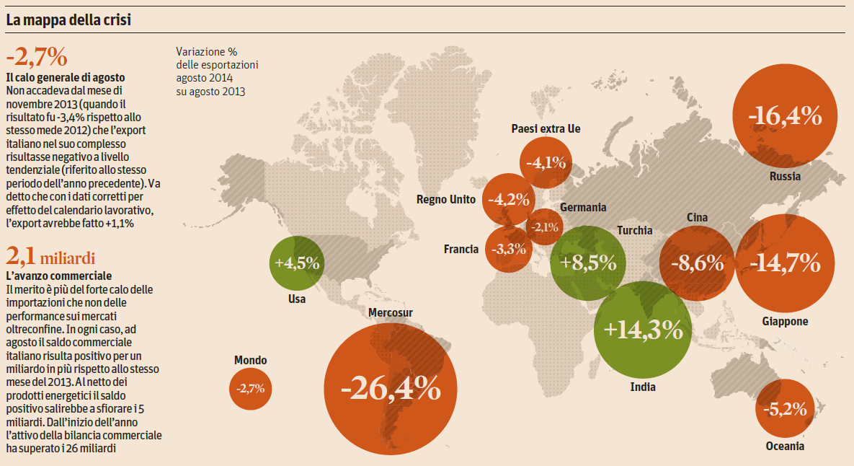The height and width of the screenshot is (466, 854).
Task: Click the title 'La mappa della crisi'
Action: click(68, 20)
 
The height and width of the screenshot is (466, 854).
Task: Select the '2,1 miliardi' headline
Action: click(50, 256)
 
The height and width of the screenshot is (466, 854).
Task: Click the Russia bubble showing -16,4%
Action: click(784, 115)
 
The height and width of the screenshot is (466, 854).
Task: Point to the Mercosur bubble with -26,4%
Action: click(391, 390)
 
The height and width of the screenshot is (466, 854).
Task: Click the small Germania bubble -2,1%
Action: click(545, 228)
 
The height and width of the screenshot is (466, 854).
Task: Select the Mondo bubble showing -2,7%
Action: click(250, 389)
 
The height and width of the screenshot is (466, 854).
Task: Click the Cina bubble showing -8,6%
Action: click(697, 263)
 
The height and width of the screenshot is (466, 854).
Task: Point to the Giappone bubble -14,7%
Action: click(785, 263)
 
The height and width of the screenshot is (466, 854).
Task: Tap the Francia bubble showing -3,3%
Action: click(508, 250)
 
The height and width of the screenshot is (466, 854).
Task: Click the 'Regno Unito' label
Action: click(446, 200)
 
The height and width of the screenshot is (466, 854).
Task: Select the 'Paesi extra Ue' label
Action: click(546, 128)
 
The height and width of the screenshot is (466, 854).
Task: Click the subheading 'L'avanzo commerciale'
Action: click(59, 276)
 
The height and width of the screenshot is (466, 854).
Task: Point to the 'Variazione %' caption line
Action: click(206, 52)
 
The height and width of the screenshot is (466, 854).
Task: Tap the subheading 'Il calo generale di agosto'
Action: click(66, 77)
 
